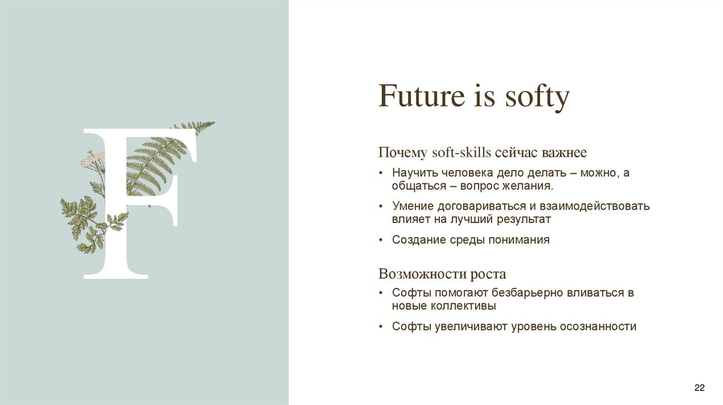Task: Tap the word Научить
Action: [415, 173]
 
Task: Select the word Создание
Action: [419, 240]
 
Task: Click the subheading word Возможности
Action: [416, 274]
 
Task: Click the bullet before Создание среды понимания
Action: [381, 240]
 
